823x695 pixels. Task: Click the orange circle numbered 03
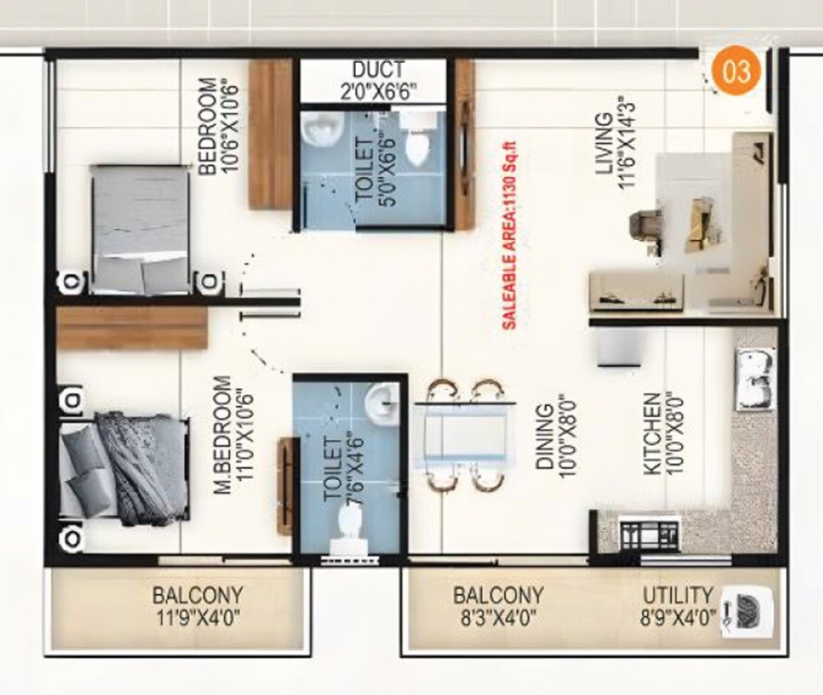[x=737, y=71]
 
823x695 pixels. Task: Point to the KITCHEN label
[x=653, y=434]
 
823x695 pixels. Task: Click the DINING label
[x=544, y=436]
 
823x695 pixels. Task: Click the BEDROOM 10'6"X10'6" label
[x=209, y=125]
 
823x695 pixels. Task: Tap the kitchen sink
[x=754, y=378]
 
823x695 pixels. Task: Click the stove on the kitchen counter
[x=649, y=535]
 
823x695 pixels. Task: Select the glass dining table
[x=461, y=436]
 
